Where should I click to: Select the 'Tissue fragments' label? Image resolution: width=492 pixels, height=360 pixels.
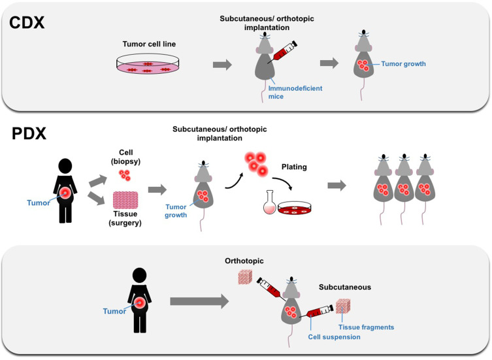click(x=365, y=327)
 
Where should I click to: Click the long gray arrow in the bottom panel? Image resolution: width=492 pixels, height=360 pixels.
click(x=197, y=302)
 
